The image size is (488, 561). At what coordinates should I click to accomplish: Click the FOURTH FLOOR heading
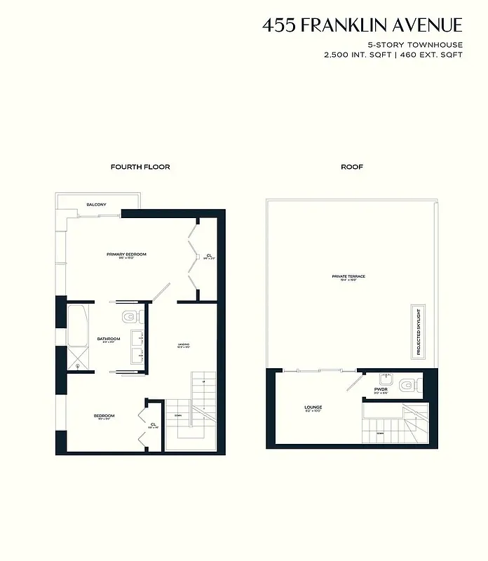[x=140, y=167]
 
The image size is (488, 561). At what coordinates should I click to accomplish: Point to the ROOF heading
[x=352, y=167]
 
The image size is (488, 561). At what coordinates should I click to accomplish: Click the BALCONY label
[x=97, y=204]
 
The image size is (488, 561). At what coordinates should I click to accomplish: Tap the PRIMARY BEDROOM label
[x=126, y=254]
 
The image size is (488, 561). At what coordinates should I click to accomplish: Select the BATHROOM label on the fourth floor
[x=109, y=339]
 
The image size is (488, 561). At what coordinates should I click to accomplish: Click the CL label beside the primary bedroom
[x=209, y=255]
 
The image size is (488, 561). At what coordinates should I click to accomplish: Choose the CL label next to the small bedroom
[x=153, y=424]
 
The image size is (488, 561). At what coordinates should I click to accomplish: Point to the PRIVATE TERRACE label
[x=348, y=276]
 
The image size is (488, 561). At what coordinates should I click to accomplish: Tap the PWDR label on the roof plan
[x=381, y=388]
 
